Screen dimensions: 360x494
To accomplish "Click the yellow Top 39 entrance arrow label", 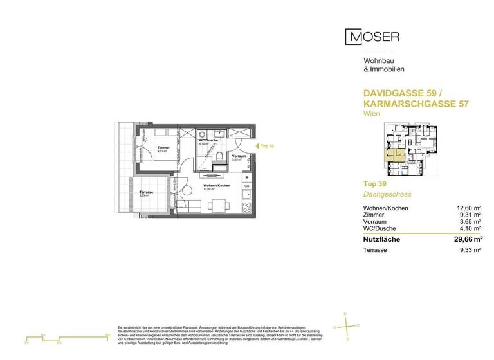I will point(265,147).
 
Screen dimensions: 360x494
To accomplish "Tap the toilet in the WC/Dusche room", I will point(221,157).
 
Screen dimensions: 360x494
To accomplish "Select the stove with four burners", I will point(246,206).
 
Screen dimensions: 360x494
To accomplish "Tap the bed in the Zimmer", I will point(161,136).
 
